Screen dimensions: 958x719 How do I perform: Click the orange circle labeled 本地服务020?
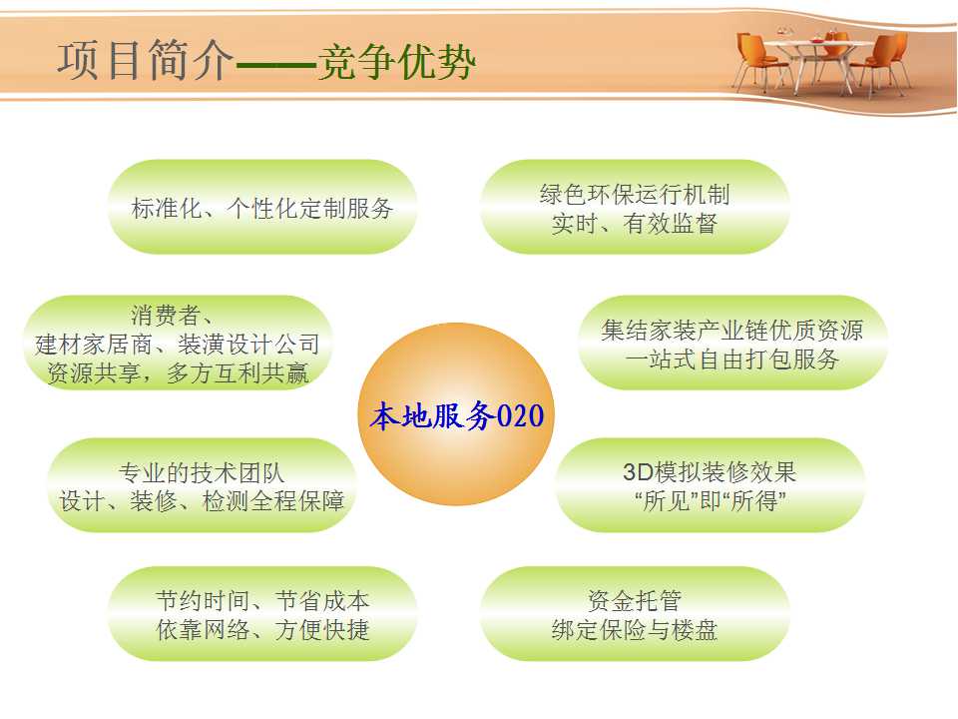(456, 413)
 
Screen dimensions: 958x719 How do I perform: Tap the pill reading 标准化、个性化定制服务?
(262, 208)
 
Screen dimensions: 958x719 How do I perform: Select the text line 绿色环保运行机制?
(635, 195)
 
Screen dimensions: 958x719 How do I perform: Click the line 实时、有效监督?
(635, 223)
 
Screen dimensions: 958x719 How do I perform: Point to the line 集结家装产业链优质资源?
(731, 331)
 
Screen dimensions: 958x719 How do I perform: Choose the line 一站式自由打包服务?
(731, 359)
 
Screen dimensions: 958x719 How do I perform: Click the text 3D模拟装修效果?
(710, 472)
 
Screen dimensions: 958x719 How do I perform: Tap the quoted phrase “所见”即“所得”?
(710, 500)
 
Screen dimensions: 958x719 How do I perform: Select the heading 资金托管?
(635, 600)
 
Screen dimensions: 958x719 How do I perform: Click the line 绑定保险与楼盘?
(635, 629)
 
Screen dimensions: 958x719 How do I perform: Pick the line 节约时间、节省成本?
(262, 600)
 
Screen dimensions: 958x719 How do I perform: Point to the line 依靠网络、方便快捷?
(262, 629)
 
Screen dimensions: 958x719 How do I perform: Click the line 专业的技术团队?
(201, 472)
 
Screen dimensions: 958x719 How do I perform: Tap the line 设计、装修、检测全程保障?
(202, 500)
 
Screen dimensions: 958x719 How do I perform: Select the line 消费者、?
(172, 316)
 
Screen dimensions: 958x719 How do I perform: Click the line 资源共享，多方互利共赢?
(178, 372)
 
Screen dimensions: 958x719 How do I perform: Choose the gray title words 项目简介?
(146, 60)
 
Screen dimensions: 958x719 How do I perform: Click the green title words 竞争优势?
(396, 61)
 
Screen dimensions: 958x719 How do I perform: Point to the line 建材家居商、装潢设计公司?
(178, 345)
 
